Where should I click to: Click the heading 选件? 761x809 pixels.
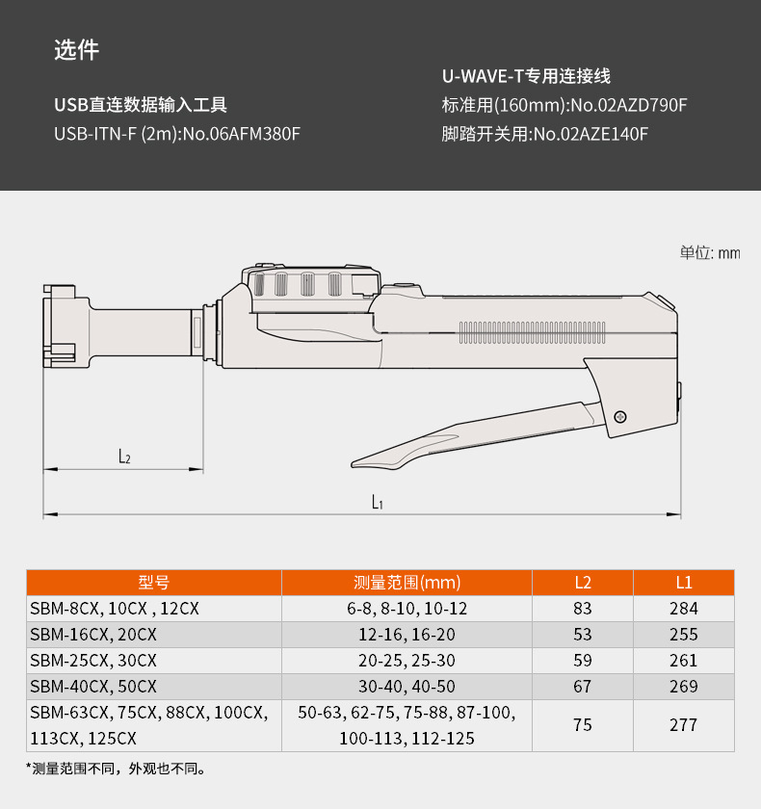76,50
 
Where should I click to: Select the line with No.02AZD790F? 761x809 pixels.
564,105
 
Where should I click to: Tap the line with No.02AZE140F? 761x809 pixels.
544,134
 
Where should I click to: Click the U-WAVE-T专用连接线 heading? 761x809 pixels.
526,76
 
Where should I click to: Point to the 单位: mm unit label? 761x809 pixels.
710,252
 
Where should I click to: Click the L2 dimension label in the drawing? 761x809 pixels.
124,457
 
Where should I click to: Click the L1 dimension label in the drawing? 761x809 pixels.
378,502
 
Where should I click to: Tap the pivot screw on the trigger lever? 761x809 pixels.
620,416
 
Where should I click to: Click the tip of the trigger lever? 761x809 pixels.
358,463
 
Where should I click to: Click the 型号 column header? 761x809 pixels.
153,582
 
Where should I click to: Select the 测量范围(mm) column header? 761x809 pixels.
407,582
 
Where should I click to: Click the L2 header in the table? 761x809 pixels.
583,582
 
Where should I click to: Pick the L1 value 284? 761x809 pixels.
683,609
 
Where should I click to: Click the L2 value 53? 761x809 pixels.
583,635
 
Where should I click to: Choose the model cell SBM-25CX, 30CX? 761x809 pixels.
93,661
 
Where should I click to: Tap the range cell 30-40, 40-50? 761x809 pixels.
407,687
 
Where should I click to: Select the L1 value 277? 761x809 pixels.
683,725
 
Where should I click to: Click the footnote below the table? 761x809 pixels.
115,768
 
